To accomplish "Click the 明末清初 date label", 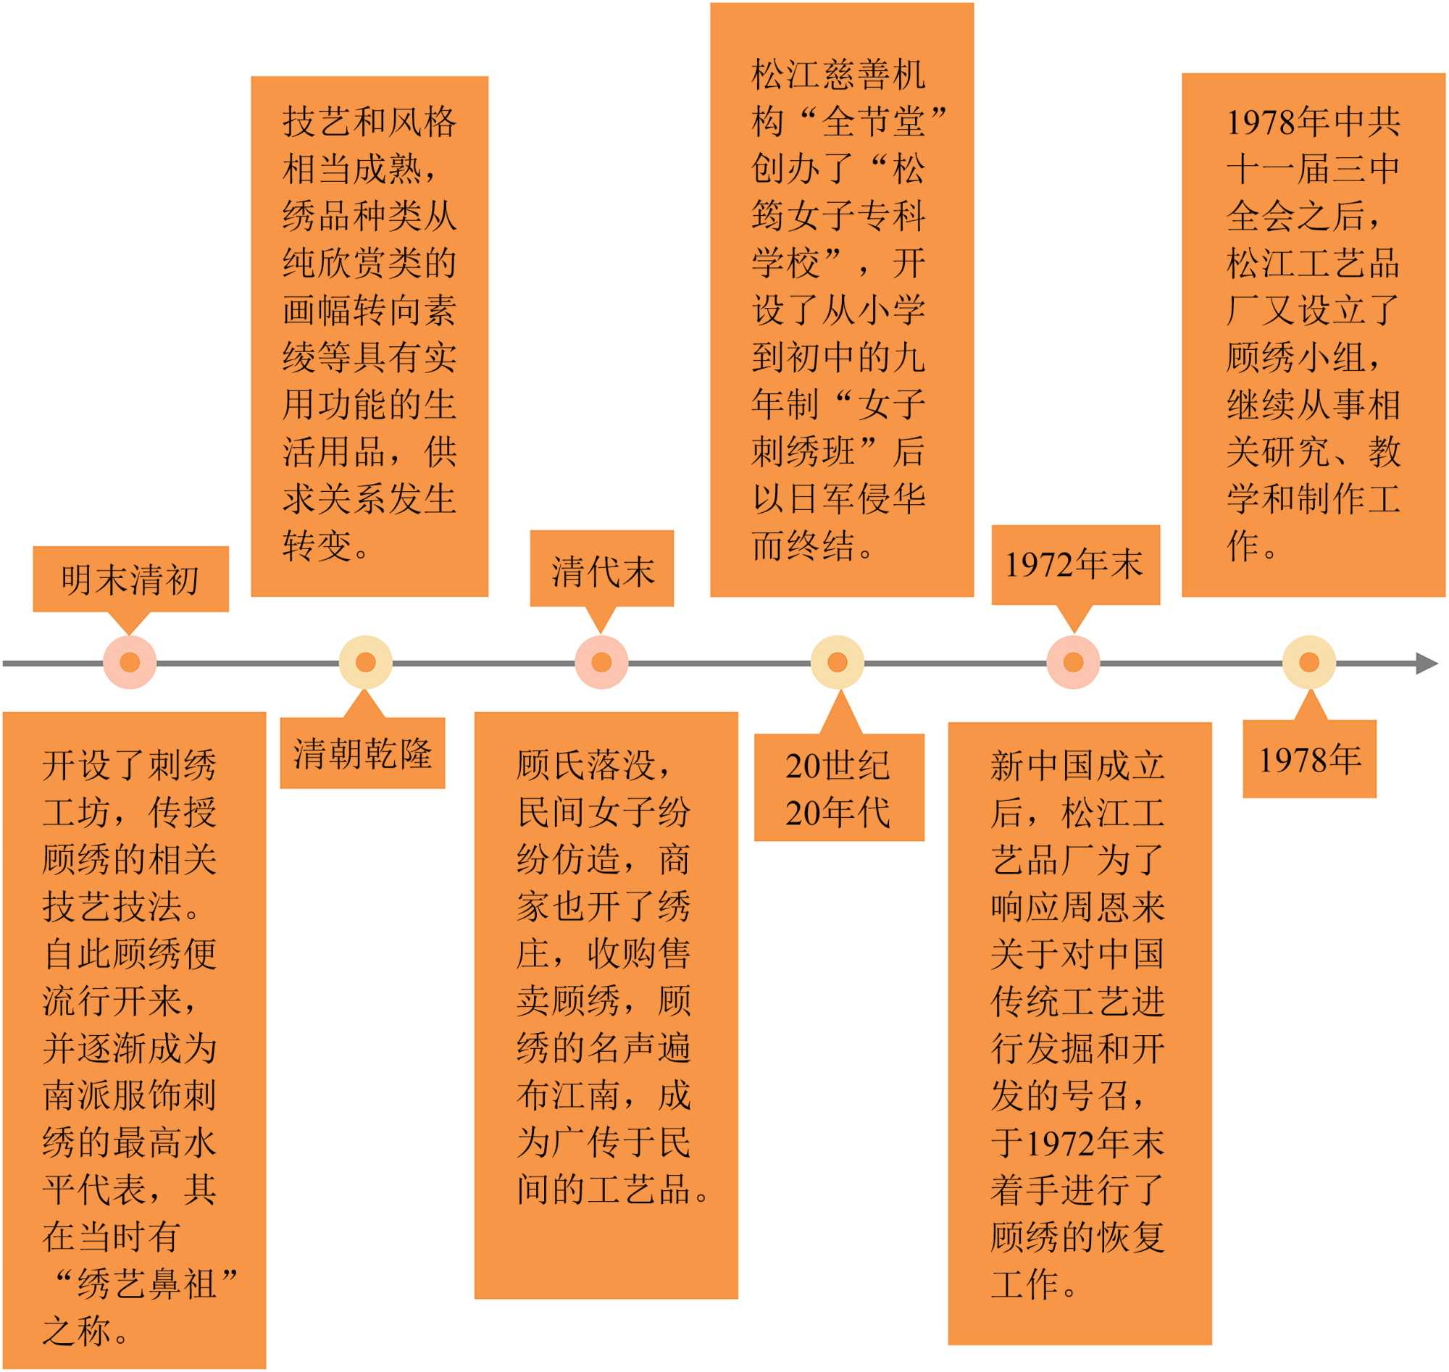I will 130,580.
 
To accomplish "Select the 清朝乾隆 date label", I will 363,753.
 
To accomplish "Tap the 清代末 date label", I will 602,571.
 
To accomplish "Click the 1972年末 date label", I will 1074,564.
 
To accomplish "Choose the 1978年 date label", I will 1309,760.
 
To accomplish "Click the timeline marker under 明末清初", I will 130,663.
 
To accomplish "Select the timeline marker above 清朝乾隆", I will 366,663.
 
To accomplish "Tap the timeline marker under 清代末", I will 601,663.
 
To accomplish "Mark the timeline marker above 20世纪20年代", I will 838,663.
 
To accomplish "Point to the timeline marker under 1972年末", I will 1073,663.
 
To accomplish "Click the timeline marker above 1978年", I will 1309,663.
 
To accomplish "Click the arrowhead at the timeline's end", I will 1426,664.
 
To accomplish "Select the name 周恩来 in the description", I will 1114,907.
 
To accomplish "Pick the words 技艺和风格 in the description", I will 369,122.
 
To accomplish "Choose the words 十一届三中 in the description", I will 1313,169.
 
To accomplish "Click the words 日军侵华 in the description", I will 857,499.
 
